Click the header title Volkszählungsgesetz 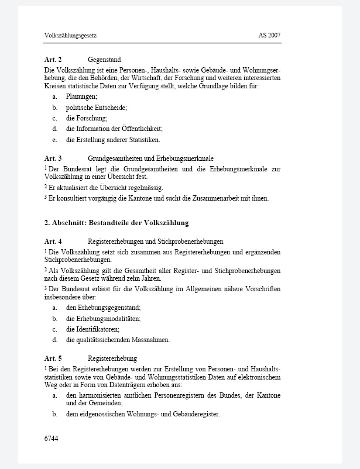(x=70, y=36)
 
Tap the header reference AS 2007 (x=269, y=36)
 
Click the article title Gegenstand (x=104, y=60)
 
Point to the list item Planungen (x=81, y=96)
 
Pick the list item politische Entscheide (x=96, y=108)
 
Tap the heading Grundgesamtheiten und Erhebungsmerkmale (x=150, y=158)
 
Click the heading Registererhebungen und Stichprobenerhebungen (x=155, y=242)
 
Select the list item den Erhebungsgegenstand (x=103, y=308)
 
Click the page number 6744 (x=52, y=437)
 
